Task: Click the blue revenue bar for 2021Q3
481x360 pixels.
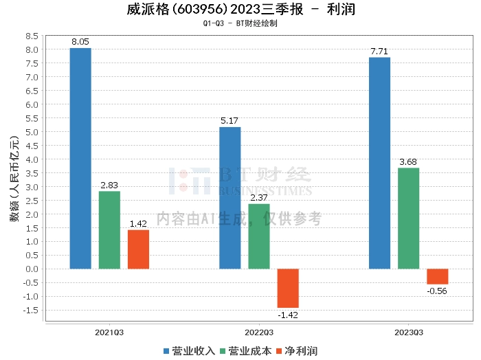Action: coord(80,159)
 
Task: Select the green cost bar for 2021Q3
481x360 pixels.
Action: coord(109,230)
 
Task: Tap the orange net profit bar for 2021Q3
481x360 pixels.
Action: coord(138,249)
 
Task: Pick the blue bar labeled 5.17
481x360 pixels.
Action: coord(230,198)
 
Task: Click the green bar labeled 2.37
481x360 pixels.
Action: coord(259,236)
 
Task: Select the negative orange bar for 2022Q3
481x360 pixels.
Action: coord(288,289)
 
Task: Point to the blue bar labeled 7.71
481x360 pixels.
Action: coord(379,163)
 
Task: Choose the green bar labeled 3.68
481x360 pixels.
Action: coord(409,218)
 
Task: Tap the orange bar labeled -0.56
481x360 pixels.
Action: coord(438,277)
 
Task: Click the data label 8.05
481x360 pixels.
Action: coord(80,42)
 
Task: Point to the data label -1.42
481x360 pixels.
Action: coord(288,315)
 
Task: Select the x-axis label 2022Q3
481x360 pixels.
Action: coord(259,333)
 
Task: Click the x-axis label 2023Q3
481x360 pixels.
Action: coord(409,333)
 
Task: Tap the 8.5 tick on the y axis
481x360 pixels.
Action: coord(32,36)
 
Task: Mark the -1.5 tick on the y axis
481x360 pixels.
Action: coord(30,311)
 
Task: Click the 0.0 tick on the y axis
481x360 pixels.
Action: coord(32,269)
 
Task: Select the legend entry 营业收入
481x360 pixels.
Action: coord(189,351)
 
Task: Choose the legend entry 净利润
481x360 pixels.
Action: coord(297,351)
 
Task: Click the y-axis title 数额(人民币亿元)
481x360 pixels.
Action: coord(14,179)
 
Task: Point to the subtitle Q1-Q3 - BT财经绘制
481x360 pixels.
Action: coord(240,23)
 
